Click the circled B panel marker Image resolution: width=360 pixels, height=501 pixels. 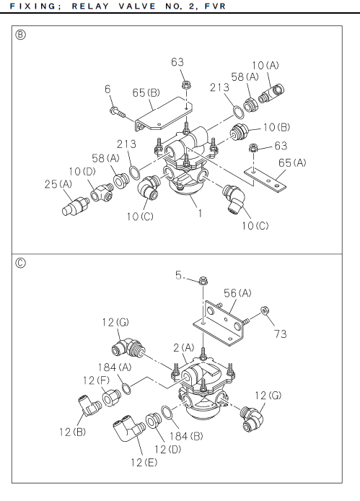click(20, 35)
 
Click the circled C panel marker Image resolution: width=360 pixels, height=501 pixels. click(20, 263)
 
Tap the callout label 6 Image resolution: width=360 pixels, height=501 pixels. click(107, 89)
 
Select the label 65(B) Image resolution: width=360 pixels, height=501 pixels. click(146, 92)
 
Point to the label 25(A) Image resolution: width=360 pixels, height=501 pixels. click(58, 184)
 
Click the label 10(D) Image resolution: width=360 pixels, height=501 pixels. click(82, 172)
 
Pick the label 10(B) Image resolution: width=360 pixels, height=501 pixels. click(276, 127)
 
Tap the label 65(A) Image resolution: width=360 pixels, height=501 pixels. click(292, 163)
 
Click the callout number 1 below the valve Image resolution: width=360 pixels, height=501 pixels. click(200, 213)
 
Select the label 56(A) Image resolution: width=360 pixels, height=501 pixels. click(237, 293)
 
